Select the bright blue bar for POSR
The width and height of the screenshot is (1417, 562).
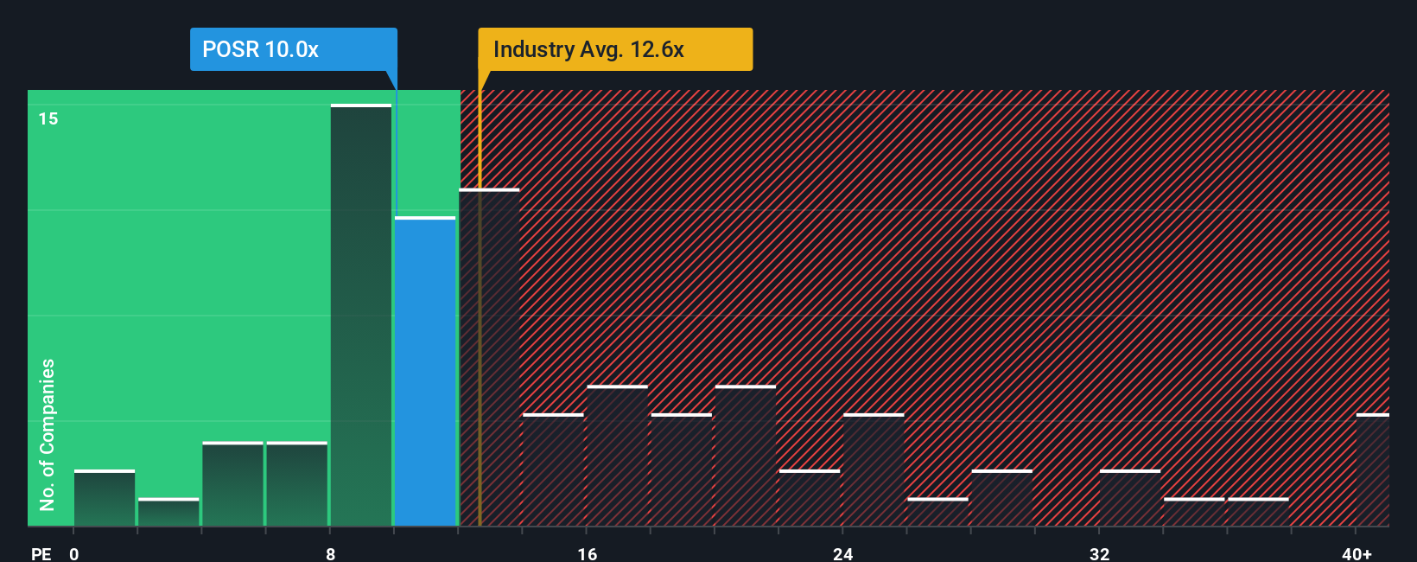point(425,372)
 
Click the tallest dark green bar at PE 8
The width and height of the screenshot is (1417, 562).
point(361,316)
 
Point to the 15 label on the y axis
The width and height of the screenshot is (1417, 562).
point(48,118)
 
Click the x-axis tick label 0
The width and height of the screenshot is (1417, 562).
point(74,553)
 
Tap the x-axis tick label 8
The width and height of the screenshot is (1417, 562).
point(330,553)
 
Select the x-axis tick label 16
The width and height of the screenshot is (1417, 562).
point(587,553)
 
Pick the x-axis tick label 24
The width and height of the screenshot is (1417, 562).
point(842,553)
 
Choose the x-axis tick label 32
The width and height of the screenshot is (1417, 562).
point(1099,553)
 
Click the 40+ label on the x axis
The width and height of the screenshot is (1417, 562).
point(1357,553)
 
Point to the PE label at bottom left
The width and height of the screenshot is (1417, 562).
point(41,553)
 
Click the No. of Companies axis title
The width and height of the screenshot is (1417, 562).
point(48,434)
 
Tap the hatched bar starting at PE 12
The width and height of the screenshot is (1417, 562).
point(490,357)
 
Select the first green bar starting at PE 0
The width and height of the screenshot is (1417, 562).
point(105,498)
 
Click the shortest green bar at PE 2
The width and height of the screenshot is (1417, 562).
point(168,512)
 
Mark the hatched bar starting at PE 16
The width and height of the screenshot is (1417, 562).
point(617,456)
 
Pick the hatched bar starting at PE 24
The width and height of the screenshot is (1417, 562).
point(874,469)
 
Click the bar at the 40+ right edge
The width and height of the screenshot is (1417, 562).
point(1372,469)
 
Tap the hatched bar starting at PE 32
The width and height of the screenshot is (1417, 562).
point(1130,498)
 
